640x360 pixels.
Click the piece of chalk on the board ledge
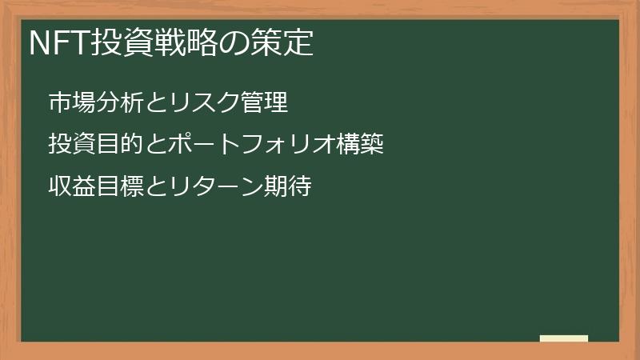click(564, 338)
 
